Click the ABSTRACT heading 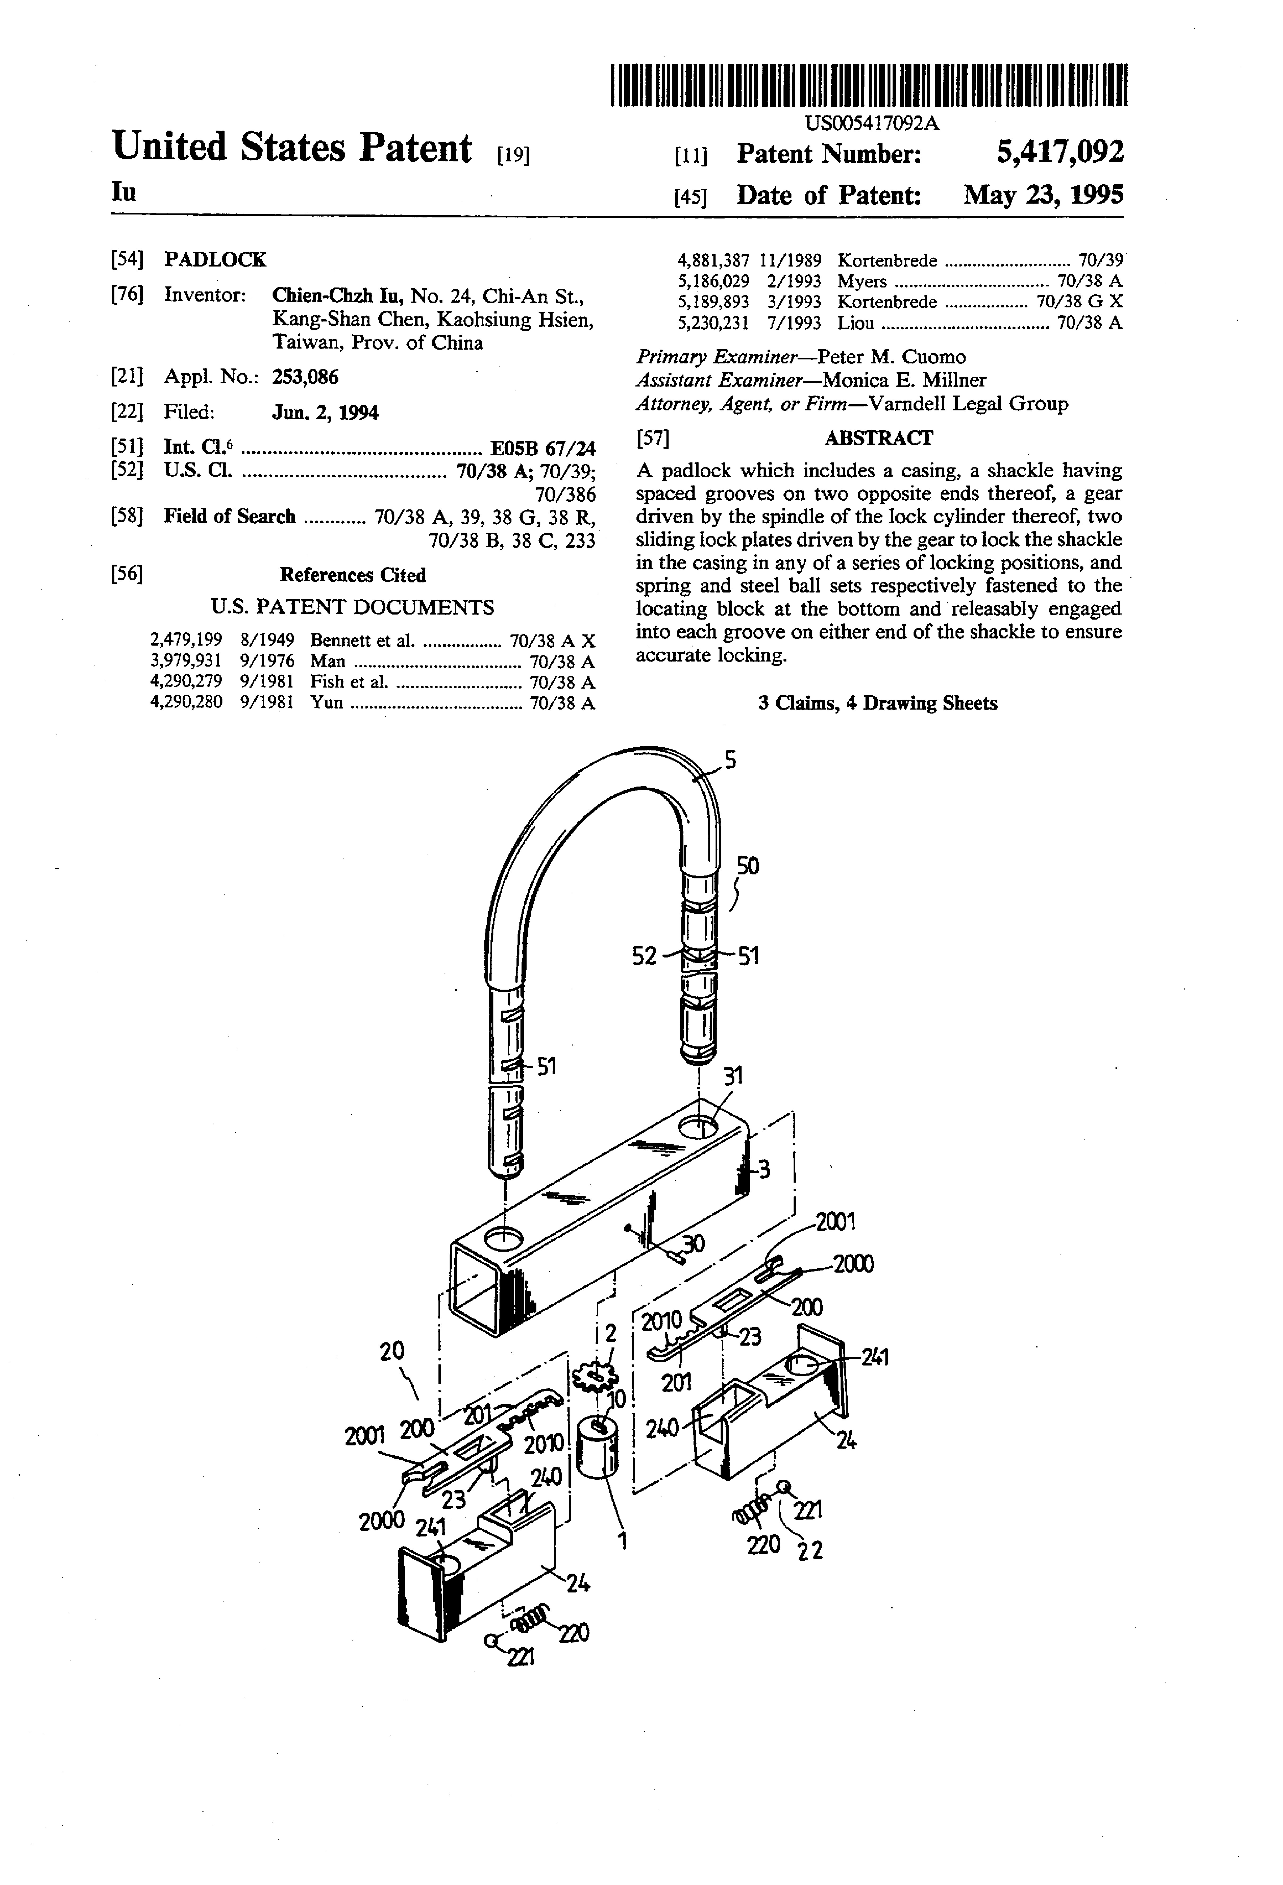coord(878,438)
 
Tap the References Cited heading coord(353,575)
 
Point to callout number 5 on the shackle coord(730,761)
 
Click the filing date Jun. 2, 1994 coord(325,413)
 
